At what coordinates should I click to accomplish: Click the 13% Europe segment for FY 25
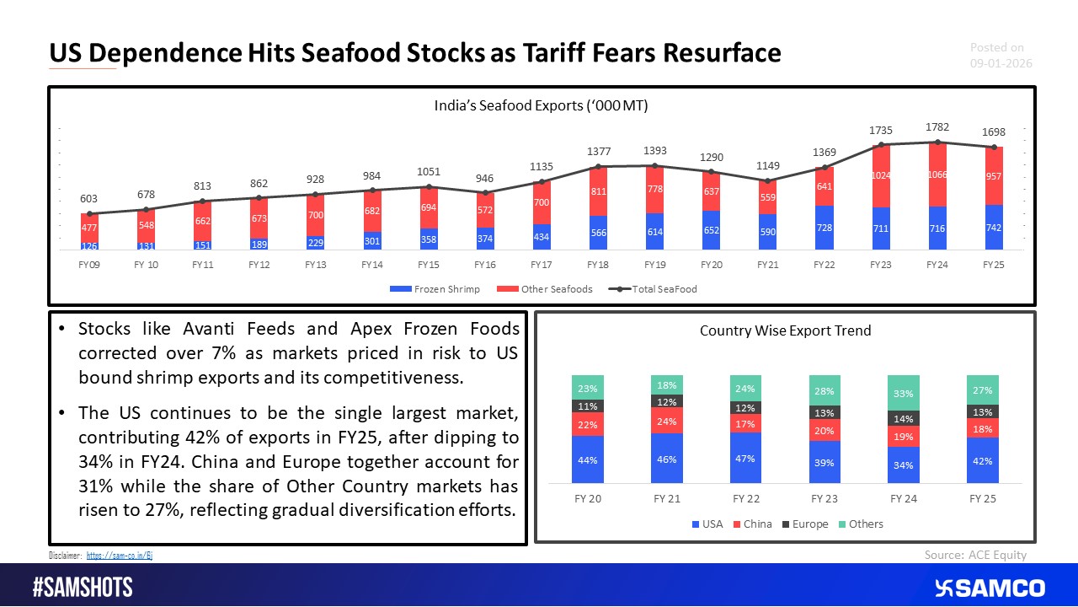pos(983,411)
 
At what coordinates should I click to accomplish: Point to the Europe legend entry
pos(807,524)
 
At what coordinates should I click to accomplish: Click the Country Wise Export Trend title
pos(785,330)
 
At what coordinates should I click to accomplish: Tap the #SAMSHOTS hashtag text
pos(83,588)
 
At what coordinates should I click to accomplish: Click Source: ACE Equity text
pos(975,554)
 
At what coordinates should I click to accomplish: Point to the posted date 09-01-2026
pos(1001,64)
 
